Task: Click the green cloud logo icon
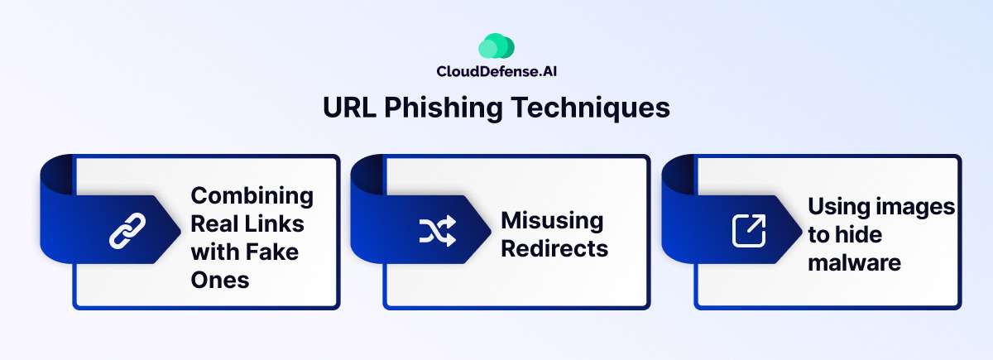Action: coord(496,46)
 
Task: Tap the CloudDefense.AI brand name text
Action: coord(496,72)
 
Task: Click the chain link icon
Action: coord(127,231)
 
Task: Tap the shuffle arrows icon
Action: coord(437,233)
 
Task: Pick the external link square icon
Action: coord(749,231)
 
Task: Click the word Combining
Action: coord(252,196)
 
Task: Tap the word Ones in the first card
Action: coord(219,279)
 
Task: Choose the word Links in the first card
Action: coord(278,223)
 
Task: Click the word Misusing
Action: coord(552,221)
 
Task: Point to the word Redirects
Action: coord(554,248)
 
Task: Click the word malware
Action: coord(854,262)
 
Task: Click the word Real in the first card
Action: coord(215,223)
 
